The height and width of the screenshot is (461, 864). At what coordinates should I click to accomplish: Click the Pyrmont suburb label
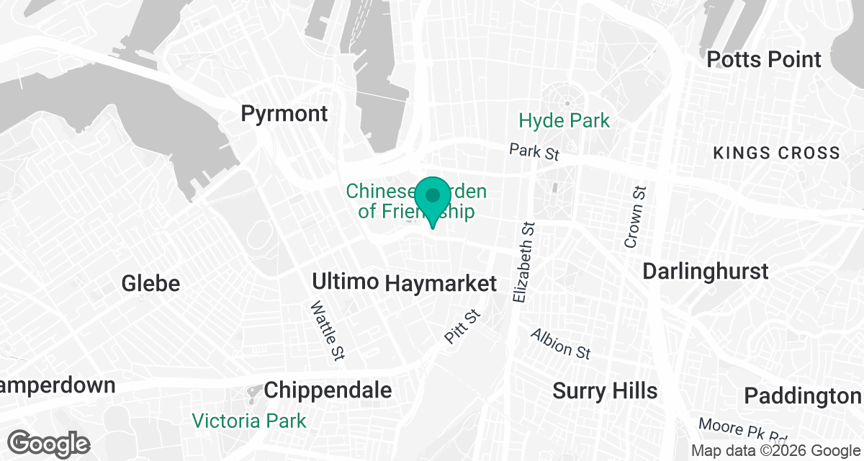(x=284, y=114)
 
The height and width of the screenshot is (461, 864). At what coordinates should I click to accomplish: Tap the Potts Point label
(x=764, y=59)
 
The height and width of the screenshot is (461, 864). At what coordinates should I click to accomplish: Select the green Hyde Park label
(x=564, y=120)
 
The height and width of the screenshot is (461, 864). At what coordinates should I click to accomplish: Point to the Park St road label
(x=534, y=152)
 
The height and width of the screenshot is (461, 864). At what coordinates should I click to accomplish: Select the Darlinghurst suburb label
(x=705, y=272)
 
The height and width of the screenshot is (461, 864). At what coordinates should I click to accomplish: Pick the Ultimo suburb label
(x=346, y=281)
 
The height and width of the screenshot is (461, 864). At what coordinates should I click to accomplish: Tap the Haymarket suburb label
(x=441, y=284)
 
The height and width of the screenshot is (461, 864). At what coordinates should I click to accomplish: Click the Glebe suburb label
(x=150, y=283)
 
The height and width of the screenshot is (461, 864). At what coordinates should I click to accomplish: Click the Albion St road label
(x=561, y=344)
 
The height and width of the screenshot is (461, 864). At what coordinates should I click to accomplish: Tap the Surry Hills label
(x=605, y=391)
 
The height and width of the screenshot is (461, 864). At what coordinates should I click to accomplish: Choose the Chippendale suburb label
(x=328, y=390)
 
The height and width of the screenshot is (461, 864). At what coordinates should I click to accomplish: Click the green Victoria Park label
(x=249, y=421)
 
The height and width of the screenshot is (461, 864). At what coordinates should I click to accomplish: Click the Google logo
(x=49, y=443)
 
